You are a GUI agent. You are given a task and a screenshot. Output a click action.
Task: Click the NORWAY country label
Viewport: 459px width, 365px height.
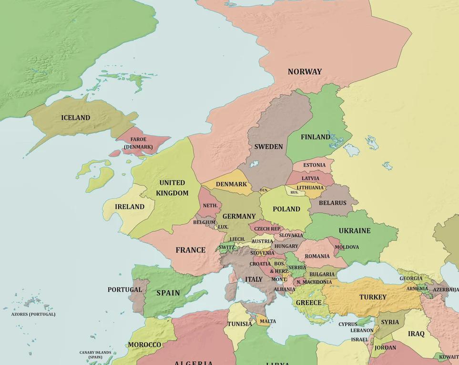[x=305, y=72]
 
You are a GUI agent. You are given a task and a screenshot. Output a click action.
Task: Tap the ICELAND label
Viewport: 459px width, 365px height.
[x=75, y=118]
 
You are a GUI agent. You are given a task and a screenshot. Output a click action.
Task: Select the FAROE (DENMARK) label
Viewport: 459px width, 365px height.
[x=138, y=143]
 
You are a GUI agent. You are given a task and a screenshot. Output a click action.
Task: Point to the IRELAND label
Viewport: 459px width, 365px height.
[x=130, y=207]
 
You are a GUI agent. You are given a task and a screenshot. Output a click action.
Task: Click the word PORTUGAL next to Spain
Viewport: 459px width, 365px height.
[x=124, y=289]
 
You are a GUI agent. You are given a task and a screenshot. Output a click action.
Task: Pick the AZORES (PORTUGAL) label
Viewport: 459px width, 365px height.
[x=33, y=314]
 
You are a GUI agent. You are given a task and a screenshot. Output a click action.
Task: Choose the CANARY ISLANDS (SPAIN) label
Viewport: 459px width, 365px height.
[x=95, y=355]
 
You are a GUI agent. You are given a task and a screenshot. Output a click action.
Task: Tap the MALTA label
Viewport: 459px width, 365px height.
[x=268, y=321]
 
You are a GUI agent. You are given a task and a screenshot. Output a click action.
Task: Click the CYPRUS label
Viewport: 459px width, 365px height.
[x=348, y=325]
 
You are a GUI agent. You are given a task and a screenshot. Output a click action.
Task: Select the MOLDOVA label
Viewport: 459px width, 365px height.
[x=347, y=247]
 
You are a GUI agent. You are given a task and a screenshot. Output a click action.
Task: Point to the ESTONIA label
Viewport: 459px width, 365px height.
[x=315, y=165]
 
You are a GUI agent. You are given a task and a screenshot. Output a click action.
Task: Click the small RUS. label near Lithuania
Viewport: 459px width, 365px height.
[x=294, y=192]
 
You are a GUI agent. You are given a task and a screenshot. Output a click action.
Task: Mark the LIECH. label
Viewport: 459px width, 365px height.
[x=237, y=239]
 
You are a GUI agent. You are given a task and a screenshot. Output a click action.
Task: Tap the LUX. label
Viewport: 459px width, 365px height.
[x=223, y=227]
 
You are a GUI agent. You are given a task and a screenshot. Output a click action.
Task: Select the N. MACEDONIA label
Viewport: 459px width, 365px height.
[x=314, y=282]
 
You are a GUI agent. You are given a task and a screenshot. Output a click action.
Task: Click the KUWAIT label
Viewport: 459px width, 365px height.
[x=449, y=357]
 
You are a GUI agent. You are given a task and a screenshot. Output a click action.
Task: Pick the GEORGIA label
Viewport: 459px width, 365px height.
[x=411, y=278]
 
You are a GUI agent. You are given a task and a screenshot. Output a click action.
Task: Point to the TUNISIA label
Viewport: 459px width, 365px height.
[x=240, y=324]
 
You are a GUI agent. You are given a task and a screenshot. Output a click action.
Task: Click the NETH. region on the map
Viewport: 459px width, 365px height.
[x=210, y=206]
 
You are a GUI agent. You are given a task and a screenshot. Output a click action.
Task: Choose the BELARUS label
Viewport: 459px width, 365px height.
[x=333, y=203]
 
